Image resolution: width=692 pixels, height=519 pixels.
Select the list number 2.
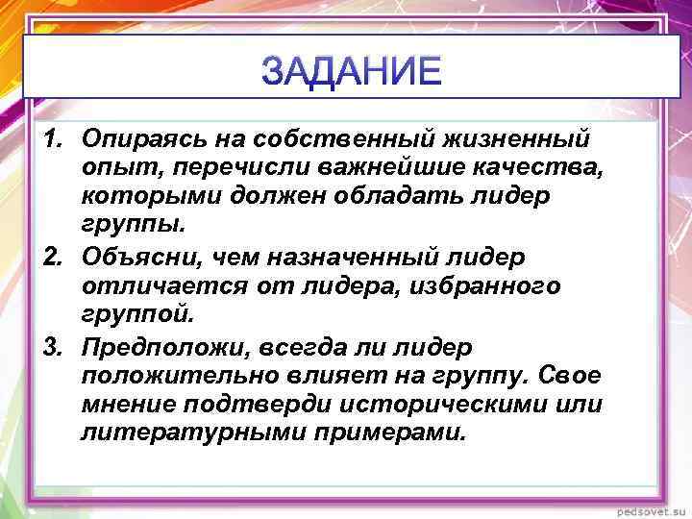pyautogui.click(x=53, y=258)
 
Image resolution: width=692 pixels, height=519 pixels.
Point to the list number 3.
pyautogui.click(x=53, y=345)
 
